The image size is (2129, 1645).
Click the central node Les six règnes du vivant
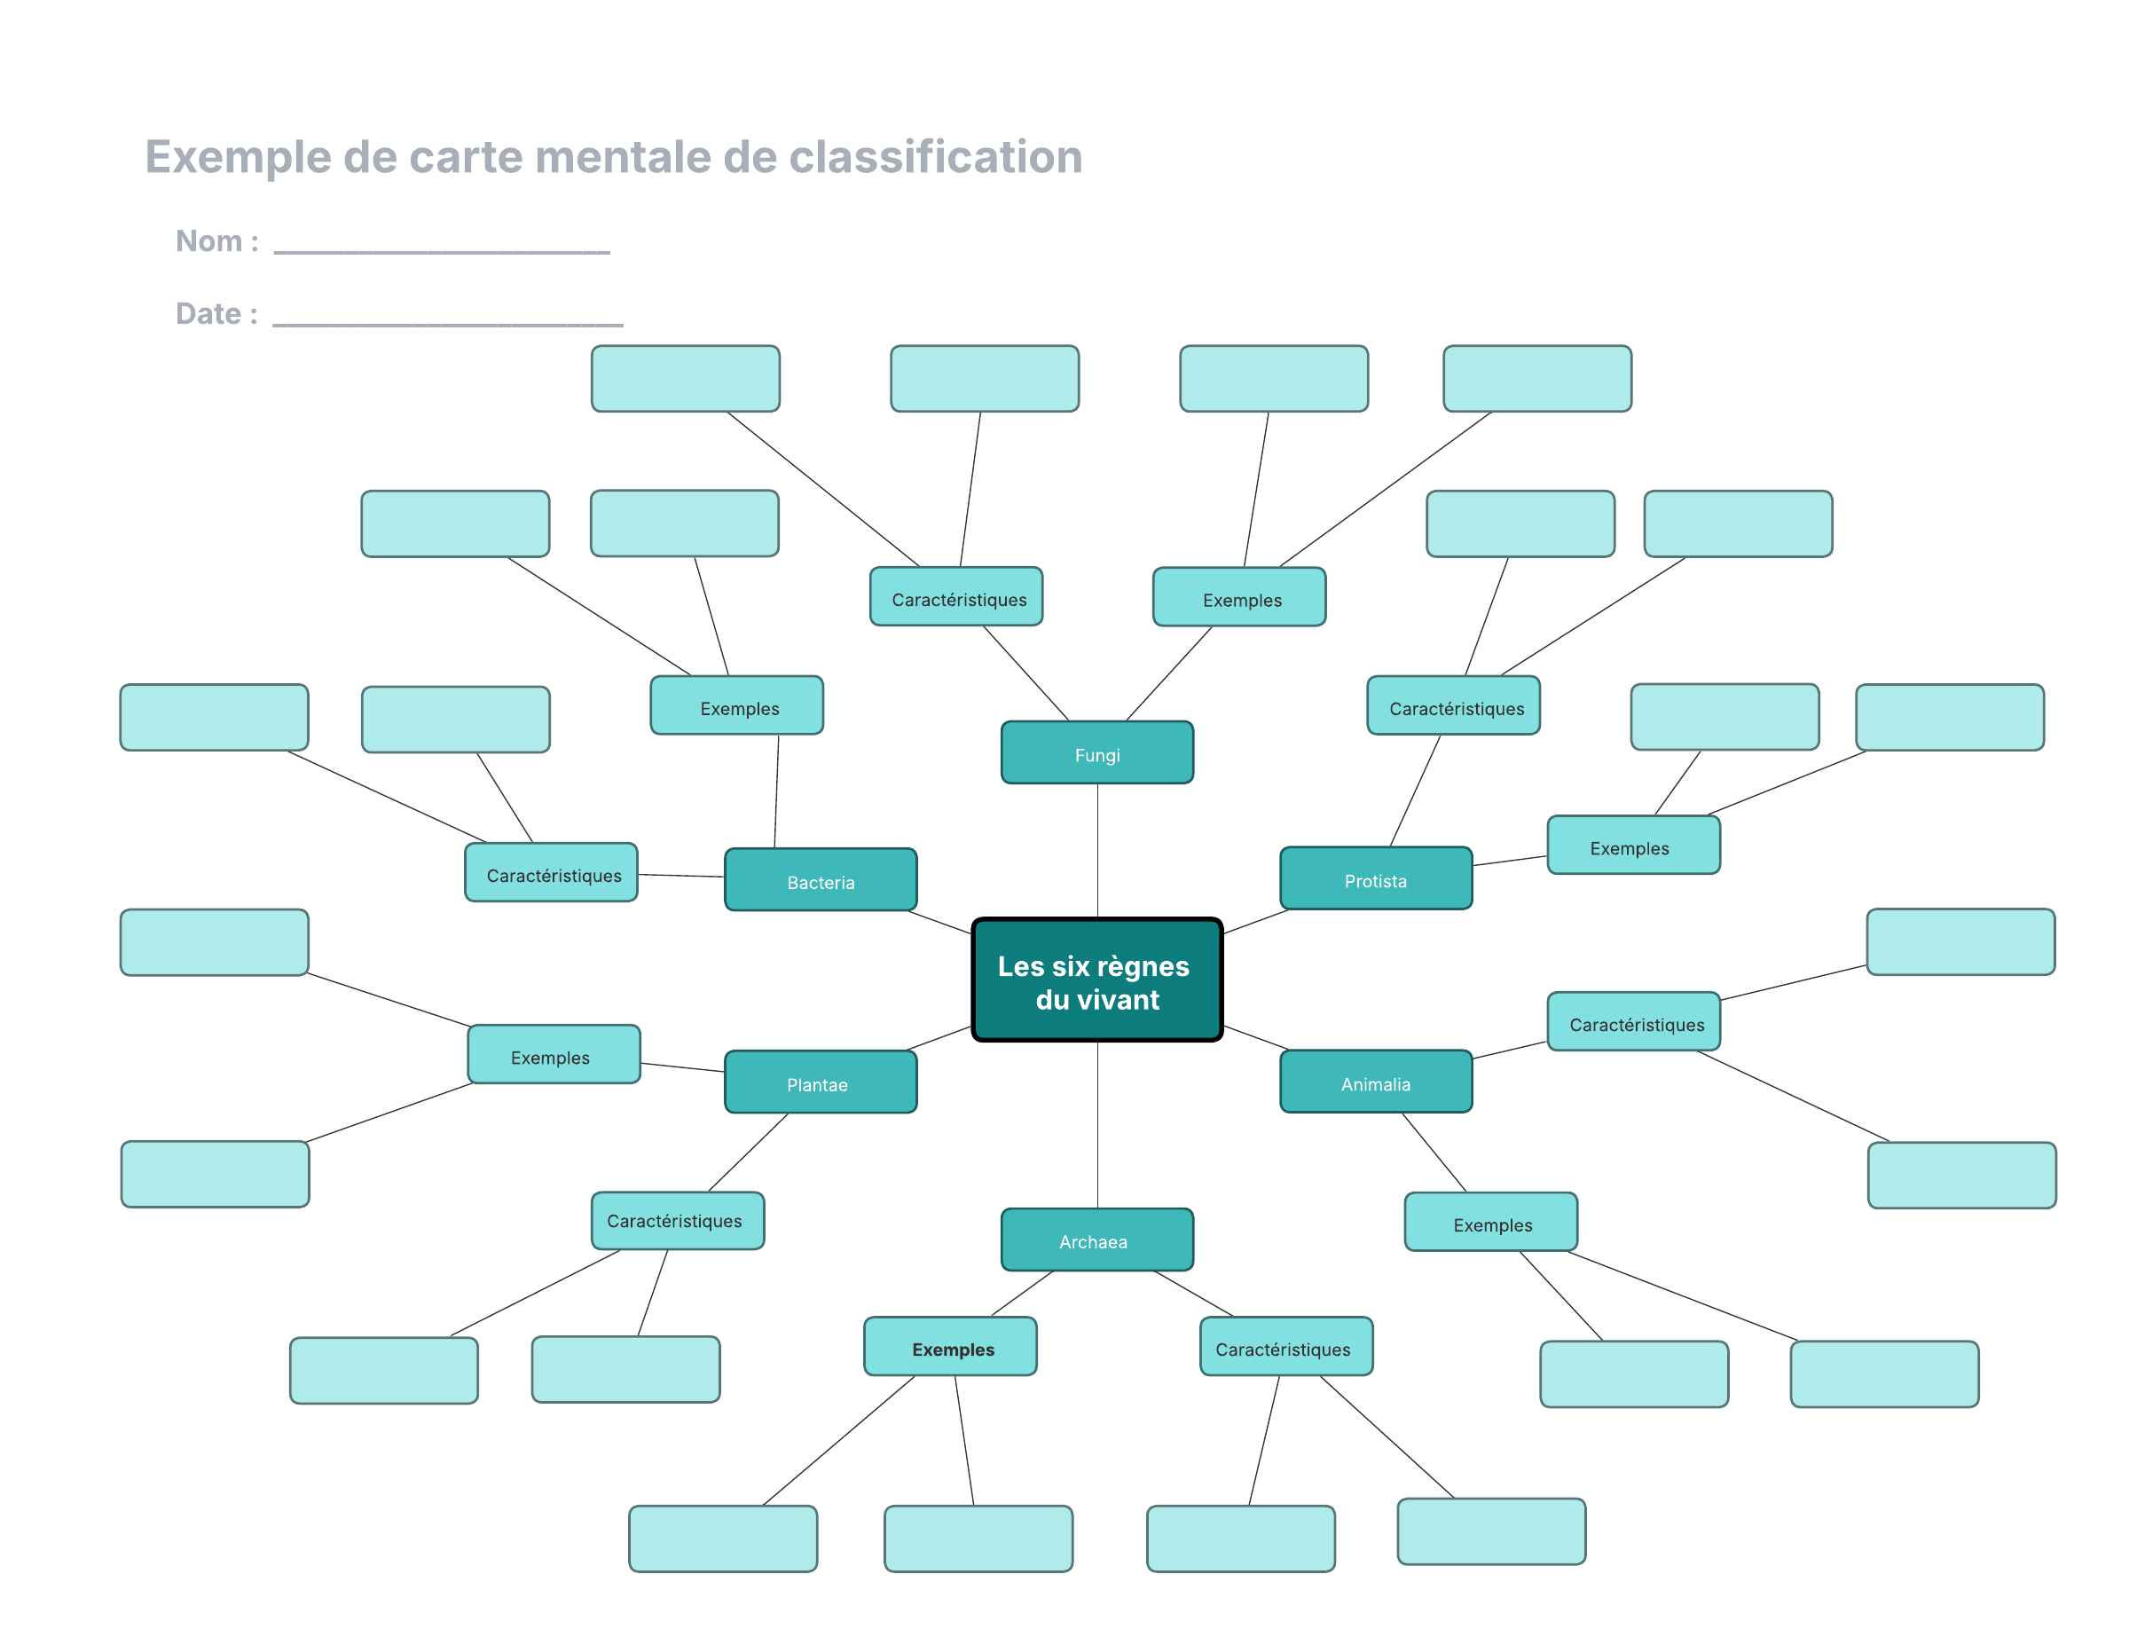1096,979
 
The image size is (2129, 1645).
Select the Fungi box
1096,752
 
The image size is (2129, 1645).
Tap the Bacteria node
820,879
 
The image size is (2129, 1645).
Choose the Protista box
1376,878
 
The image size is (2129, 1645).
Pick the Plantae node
820,1082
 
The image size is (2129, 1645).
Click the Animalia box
1376,1081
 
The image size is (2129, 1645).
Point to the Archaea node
1096,1240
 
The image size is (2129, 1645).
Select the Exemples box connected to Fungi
1239,597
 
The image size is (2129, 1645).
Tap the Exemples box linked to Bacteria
737,705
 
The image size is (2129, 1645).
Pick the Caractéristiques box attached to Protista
1453,705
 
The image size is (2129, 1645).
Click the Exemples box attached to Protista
1634,845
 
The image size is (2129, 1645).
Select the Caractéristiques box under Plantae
678,1220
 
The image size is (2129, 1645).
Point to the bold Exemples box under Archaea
950,1347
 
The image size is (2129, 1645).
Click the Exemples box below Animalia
1490,1222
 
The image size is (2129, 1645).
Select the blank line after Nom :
442,252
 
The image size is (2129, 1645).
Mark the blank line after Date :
447,324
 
